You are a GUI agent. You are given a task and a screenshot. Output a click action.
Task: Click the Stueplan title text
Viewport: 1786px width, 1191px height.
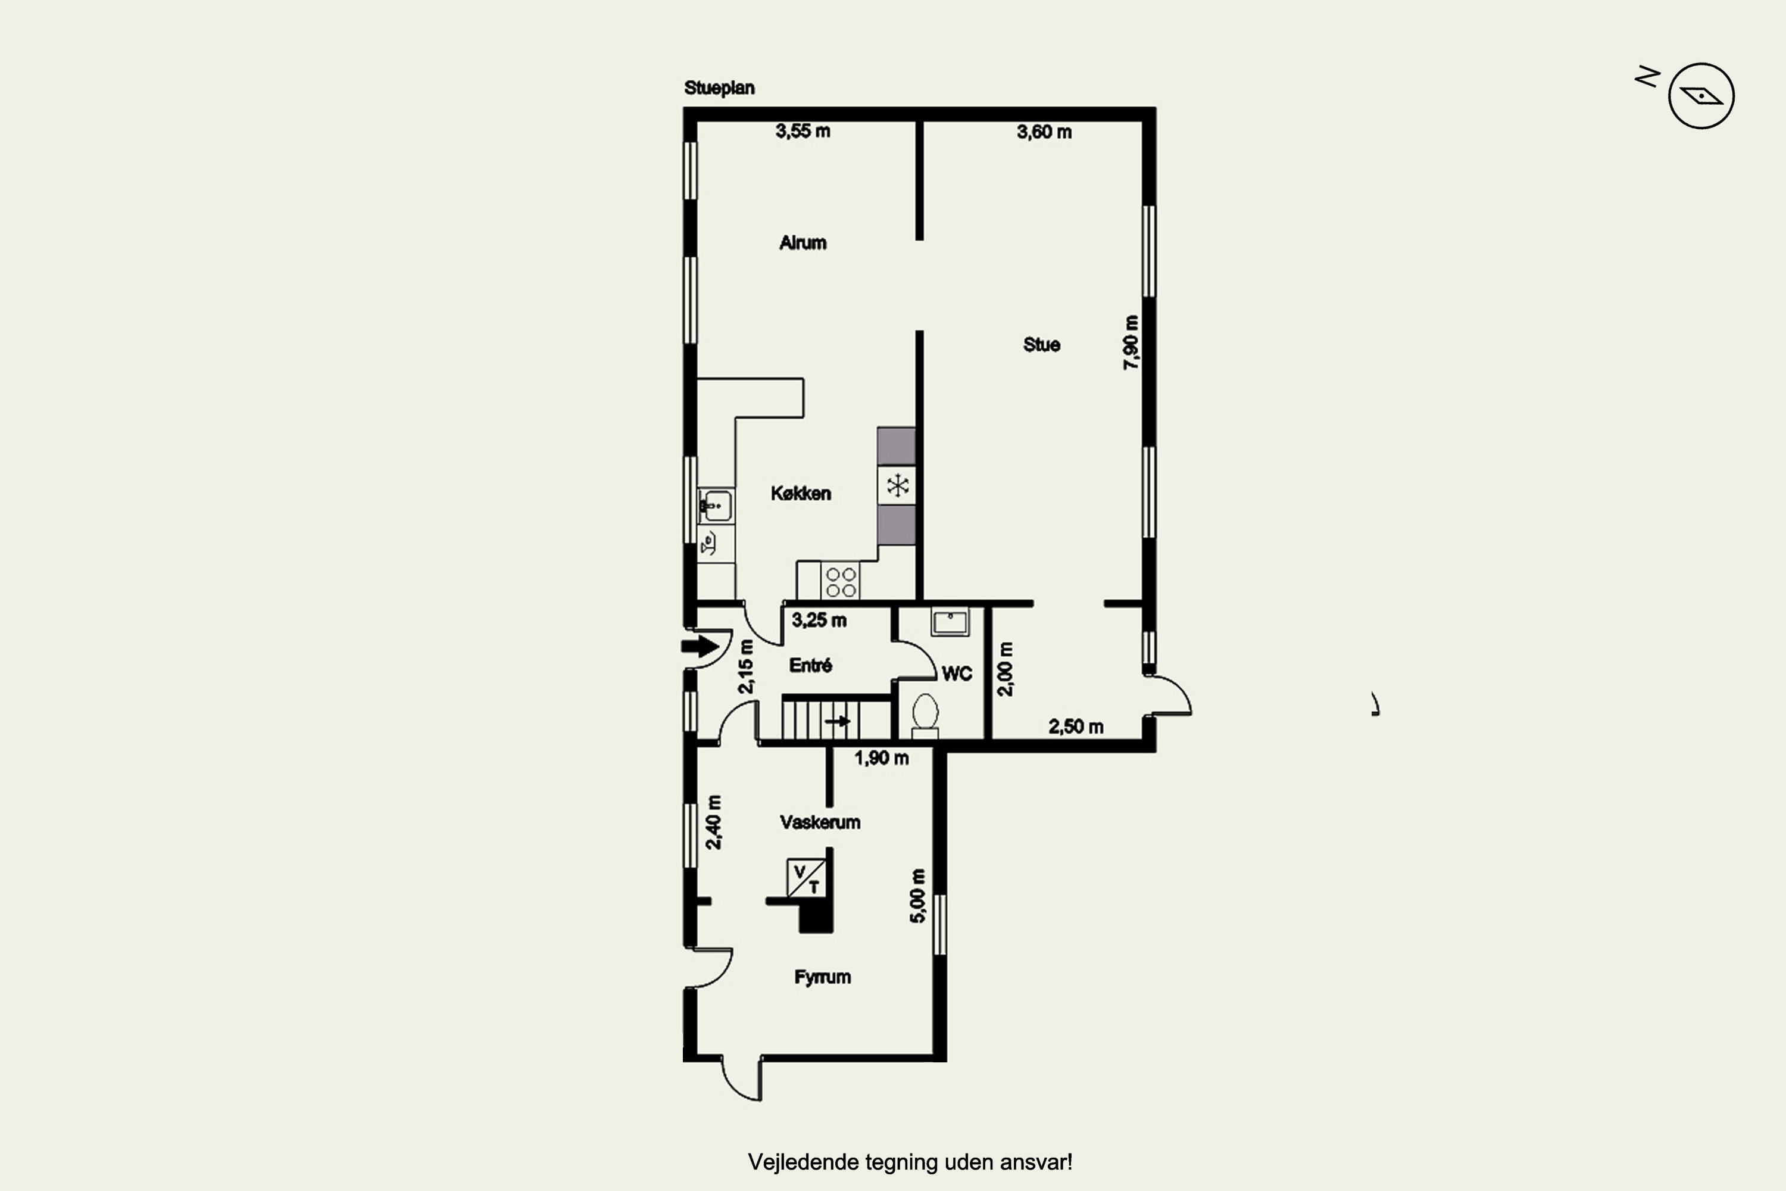pos(719,88)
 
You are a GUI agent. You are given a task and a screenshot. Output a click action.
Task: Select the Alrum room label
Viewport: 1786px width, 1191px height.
pos(803,243)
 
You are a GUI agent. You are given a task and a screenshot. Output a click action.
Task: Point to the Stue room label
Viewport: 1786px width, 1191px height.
pos(1041,345)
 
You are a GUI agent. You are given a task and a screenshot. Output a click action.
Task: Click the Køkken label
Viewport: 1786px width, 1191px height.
pos(800,494)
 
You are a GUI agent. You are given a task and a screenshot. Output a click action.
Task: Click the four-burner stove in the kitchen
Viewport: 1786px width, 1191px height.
pos(841,582)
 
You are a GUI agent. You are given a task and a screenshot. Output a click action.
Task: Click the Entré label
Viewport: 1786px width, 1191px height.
pos(810,665)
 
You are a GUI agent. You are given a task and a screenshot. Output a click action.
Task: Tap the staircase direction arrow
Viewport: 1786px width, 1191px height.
pos(838,721)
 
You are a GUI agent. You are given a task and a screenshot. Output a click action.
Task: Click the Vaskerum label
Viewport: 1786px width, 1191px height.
pos(820,822)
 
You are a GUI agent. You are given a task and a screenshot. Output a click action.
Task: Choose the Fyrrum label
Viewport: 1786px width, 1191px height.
pos(822,978)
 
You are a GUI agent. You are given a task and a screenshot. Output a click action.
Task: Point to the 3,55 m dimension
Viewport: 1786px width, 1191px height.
pos(803,132)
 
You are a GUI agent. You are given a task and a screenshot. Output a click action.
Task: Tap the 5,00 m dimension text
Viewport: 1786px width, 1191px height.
pos(918,896)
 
